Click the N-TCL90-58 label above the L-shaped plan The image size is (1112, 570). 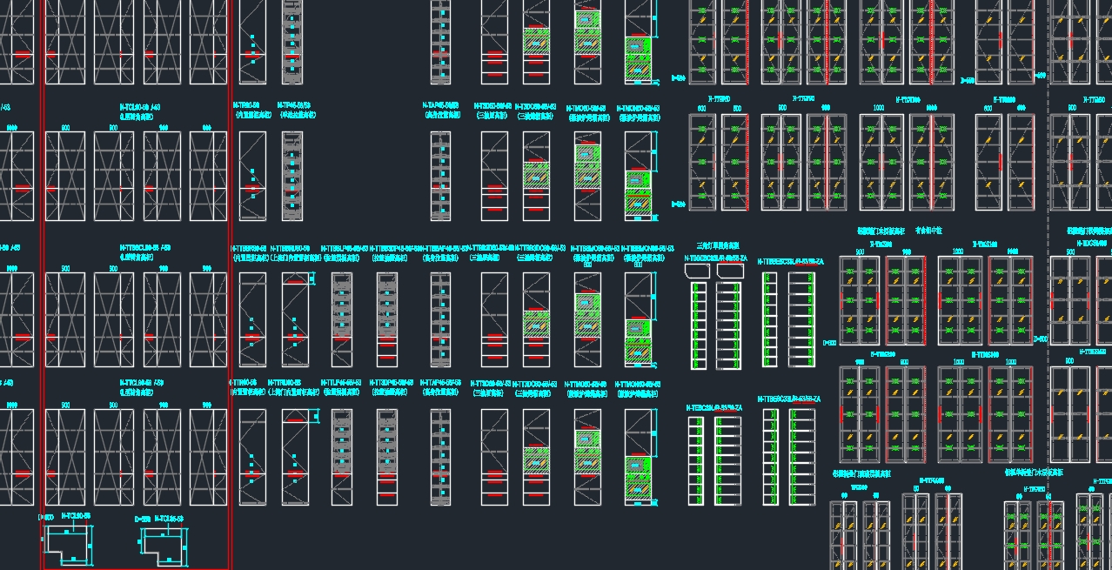pos(76,516)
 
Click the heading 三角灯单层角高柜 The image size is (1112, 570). pos(717,245)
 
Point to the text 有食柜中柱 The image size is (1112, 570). pos(928,231)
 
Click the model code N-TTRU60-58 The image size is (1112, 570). pos(284,383)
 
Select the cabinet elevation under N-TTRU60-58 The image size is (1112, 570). pos(295,457)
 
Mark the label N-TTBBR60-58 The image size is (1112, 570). pos(249,248)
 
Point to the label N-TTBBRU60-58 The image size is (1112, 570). pos(291,248)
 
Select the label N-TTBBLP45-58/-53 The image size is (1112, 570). pos(345,248)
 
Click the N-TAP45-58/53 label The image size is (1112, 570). pos(440,105)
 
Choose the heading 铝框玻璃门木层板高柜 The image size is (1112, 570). pos(881,231)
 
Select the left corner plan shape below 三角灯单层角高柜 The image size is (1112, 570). pos(698,271)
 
